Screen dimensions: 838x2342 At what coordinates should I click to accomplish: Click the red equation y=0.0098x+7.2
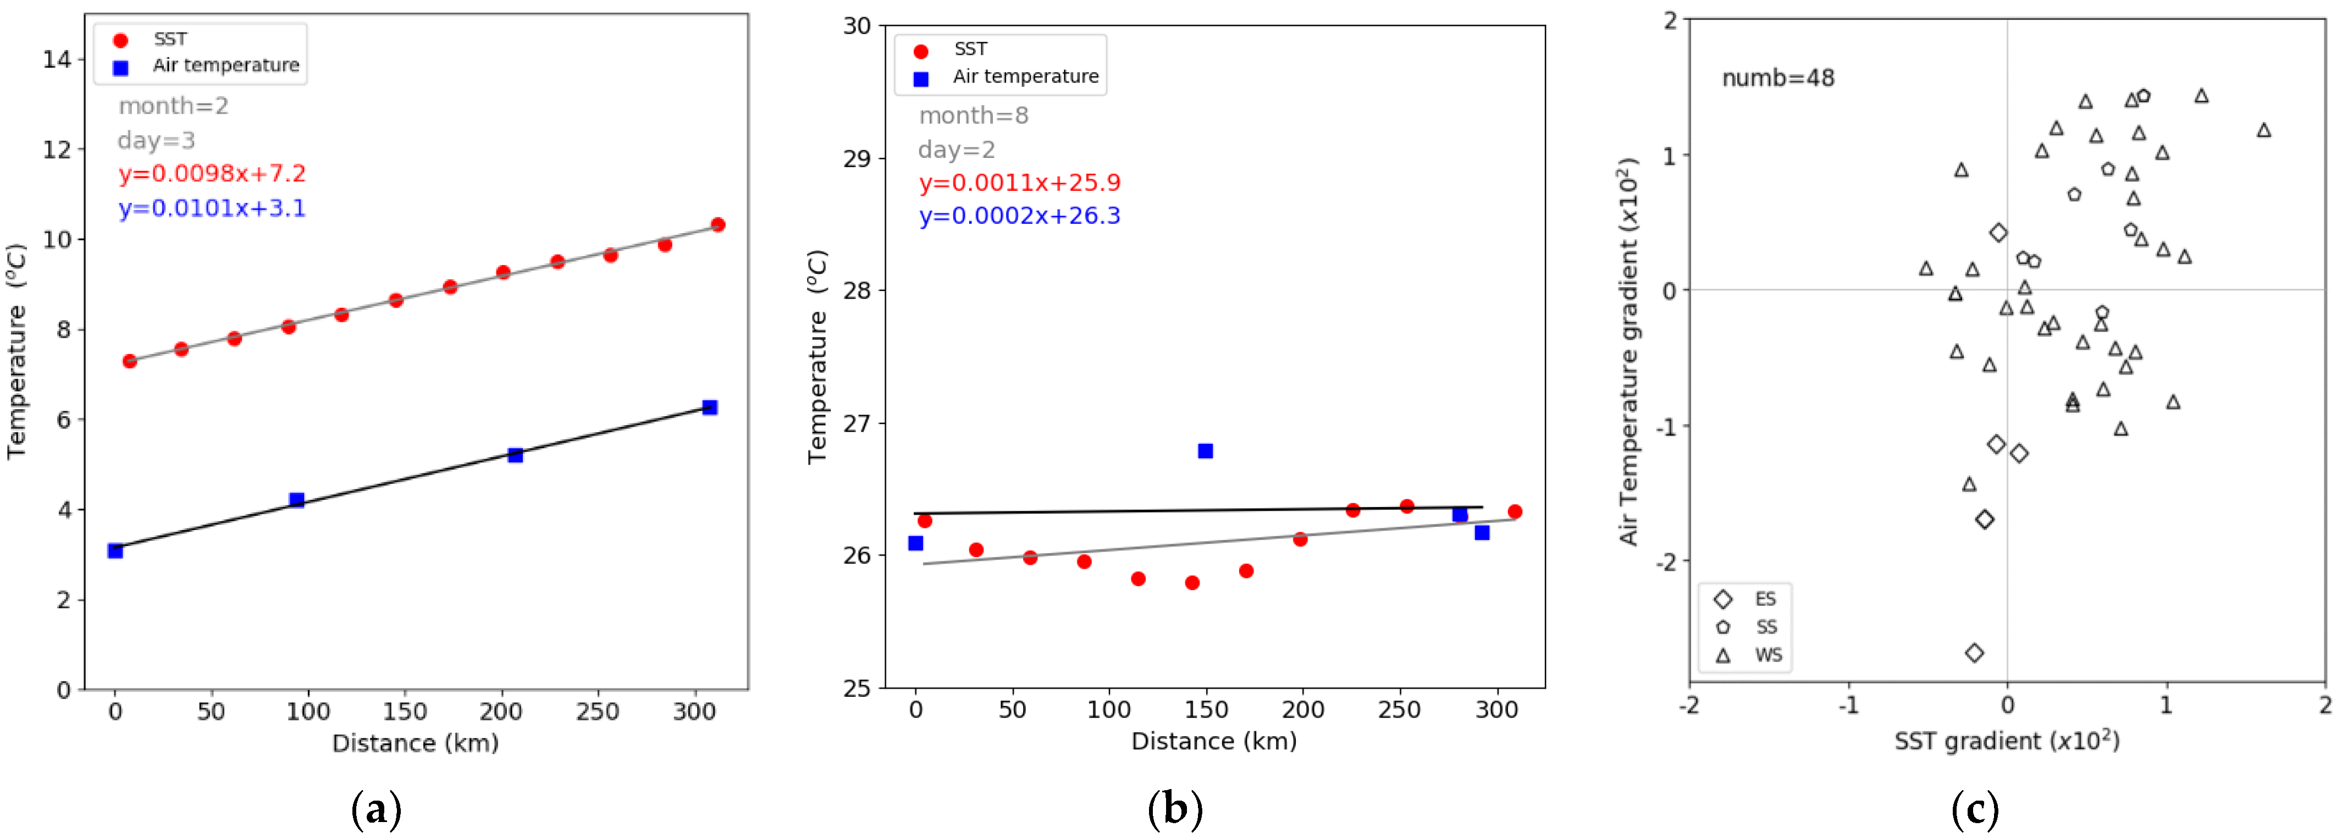(212, 174)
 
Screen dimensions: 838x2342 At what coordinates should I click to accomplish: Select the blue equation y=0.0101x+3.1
(212, 208)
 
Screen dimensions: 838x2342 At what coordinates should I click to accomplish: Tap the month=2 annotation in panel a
(173, 106)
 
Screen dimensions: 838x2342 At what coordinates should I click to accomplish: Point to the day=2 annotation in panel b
(957, 150)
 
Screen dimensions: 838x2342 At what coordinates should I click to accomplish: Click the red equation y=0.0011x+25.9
(1019, 183)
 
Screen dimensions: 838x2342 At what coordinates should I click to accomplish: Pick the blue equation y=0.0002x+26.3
(1019, 216)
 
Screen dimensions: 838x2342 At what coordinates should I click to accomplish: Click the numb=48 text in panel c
(1777, 78)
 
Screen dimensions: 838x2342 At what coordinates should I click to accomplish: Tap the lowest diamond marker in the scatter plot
(1974, 653)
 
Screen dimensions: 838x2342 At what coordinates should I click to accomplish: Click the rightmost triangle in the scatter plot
(2264, 130)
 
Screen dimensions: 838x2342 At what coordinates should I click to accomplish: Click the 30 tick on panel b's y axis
(857, 25)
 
